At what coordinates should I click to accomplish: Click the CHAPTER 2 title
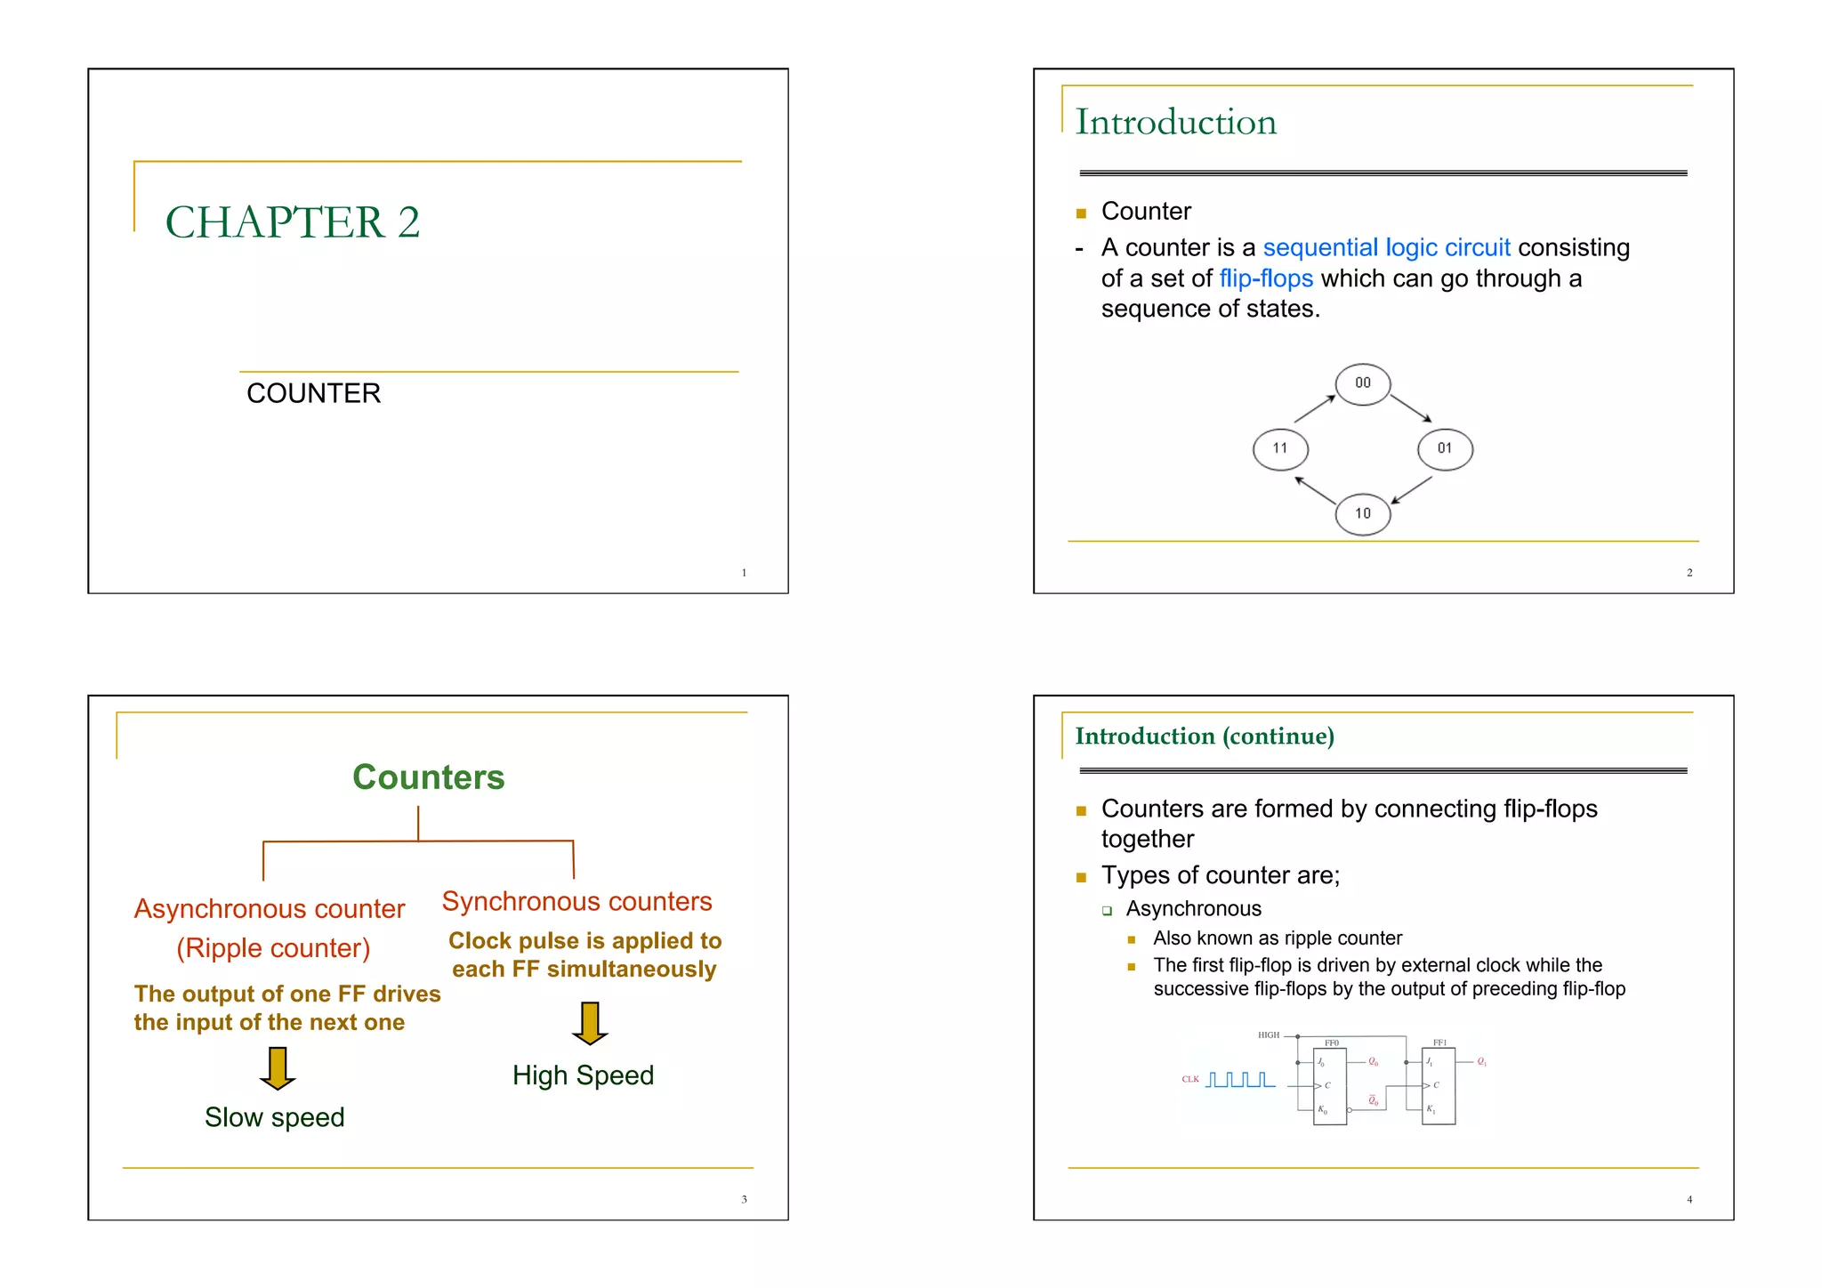pyautogui.click(x=292, y=222)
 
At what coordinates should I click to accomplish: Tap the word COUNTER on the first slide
pyautogui.click(x=313, y=393)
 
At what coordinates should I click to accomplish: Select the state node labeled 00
pyautogui.click(x=1362, y=384)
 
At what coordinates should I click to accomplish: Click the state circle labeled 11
pyautogui.click(x=1280, y=449)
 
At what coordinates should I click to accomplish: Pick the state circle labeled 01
pyautogui.click(x=1445, y=449)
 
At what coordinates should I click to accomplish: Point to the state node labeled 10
pyautogui.click(x=1362, y=514)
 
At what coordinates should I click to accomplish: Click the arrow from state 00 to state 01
pyautogui.click(x=1411, y=408)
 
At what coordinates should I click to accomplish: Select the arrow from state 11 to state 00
pyautogui.click(x=1315, y=408)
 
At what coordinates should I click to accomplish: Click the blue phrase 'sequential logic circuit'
pyautogui.click(x=1386, y=248)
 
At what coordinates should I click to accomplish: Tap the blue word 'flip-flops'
pyautogui.click(x=1266, y=279)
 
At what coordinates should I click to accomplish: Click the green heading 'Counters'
pyautogui.click(x=428, y=777)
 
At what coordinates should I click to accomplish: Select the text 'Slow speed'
pyautogui.click(x=274, y=1117)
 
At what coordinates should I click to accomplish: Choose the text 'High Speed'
pyautogui.click(x=583, y=1075)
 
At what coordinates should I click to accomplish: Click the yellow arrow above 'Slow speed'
pyautogui.click(x=278, y=1068)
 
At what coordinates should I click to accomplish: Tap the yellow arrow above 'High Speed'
pyautogui.click(x=590, y=1023)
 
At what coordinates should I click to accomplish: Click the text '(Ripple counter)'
pyautogui.click(x=273, y=948)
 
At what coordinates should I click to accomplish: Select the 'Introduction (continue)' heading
pyautogui.click(x=1205, y=737)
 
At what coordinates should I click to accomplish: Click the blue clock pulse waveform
pyautogui.click(x=1240, y=1080)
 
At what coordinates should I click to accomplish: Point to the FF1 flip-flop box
pyautogui.click(x=1439, y=1086)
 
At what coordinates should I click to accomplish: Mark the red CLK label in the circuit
pyautogui.click(x=1190, y=1080)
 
